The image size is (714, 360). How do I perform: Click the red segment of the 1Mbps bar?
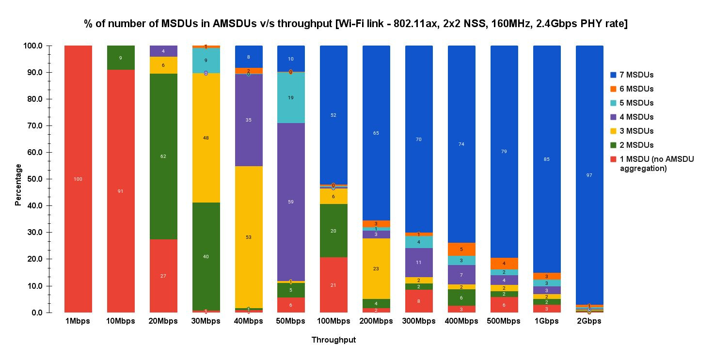tap(78, 179)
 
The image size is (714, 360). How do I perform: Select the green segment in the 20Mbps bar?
tap(163, 156)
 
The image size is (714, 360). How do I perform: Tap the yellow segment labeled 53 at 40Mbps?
tap(249, 237)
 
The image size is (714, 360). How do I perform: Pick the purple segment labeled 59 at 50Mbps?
tap(291, 202)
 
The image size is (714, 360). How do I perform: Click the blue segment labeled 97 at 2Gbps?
tap(589, 175)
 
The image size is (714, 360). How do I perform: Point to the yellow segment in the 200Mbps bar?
tap(376, 268)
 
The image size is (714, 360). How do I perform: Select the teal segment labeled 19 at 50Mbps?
tap(291, 97)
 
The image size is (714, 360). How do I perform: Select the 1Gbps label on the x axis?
tap(547, 321)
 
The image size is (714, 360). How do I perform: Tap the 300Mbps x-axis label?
tap(419, 321)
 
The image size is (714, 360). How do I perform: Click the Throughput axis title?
tap(333, 340)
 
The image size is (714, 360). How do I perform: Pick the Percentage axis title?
tap(18, 185)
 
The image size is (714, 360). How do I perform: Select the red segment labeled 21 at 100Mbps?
tap(333, 285)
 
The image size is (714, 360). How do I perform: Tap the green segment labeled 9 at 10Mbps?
tap(121, 58)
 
